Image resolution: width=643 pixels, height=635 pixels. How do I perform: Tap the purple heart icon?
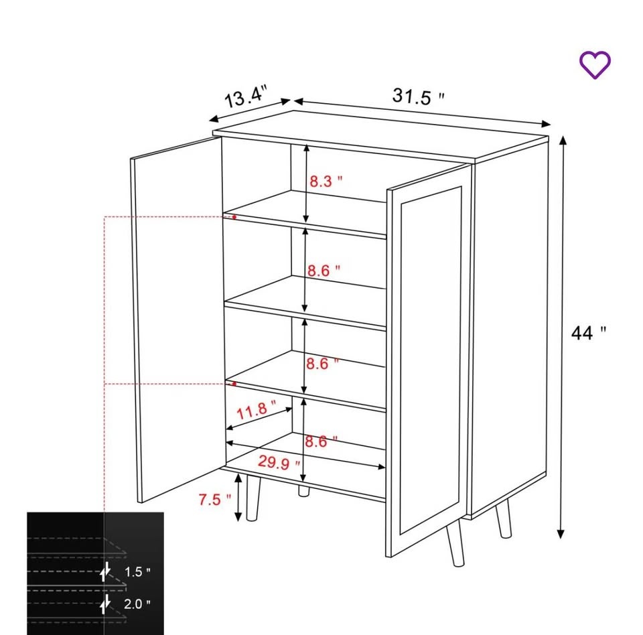tap(595, 65)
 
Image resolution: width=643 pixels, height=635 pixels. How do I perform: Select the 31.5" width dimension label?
tap(418, 97)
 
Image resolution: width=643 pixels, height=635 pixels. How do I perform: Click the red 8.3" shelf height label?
tap(326, 181)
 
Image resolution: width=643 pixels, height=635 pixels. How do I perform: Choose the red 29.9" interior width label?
tap(279, 463)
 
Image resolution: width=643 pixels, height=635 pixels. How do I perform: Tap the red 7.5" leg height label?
tap(215, 500)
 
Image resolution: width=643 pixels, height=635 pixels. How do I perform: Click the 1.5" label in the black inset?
tap(137, 571)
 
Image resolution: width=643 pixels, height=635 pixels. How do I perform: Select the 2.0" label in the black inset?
tap(137, 604)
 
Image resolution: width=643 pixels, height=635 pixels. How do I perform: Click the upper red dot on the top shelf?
tap(234, 217)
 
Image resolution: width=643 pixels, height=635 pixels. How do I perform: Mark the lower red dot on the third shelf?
tap(234, 384)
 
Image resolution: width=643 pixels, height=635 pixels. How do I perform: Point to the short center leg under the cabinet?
tap(304, 491)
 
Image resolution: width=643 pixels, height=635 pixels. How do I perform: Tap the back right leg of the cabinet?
tap(504, 518)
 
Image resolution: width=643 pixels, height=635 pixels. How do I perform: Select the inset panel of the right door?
tap(431, 360)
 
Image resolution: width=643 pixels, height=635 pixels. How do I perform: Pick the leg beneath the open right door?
tap(455, 543)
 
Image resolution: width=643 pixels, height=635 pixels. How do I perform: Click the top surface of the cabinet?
tap(381, 135)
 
